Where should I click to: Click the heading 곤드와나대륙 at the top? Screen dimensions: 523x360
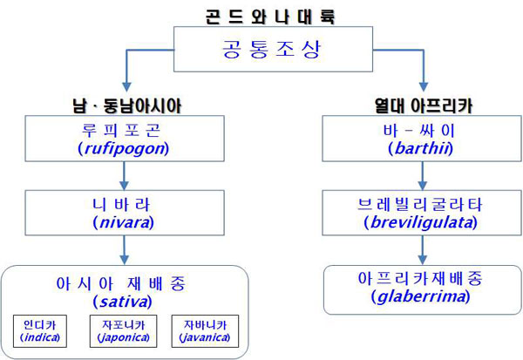point(270,17)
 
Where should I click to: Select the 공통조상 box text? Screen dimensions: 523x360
point(271,49)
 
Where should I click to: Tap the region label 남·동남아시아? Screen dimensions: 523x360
point(127,106)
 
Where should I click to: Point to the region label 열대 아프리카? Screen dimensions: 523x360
point(424,105)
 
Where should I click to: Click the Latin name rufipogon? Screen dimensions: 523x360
point(124,148)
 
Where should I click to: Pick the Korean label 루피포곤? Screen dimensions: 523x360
point(121,131)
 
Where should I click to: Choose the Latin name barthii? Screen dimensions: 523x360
point(421,148)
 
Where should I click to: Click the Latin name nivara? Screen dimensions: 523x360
point(124,222)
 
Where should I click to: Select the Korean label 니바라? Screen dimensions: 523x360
point(121,205)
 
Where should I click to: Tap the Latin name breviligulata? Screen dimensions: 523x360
point(421,222)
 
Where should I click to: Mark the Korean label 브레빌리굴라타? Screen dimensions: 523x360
point(419,205)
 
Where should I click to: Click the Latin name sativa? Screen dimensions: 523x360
point(122,302)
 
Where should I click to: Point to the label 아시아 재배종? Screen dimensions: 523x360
point(121,283)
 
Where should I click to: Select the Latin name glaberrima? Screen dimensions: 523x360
point(421,296)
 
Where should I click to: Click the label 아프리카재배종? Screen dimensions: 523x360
point(420,278)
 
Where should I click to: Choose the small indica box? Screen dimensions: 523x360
point(40,331)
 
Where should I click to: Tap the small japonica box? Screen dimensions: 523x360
point(124,331)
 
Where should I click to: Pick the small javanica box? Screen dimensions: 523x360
point(205,331)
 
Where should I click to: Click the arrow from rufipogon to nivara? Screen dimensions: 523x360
point(124,176)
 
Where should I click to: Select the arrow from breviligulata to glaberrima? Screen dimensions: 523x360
point(423,250)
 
